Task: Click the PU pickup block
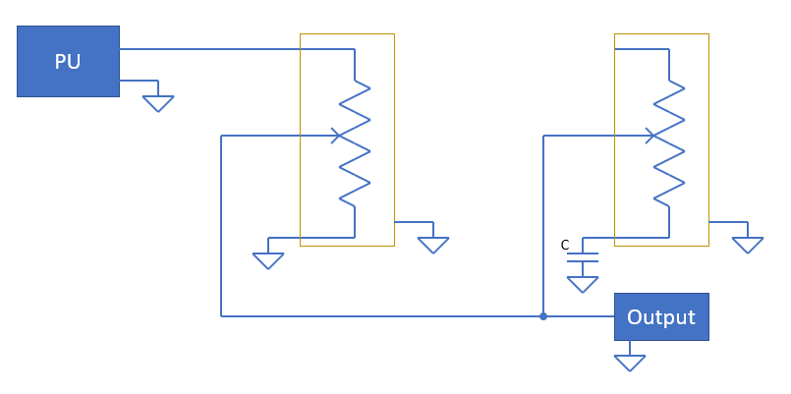click(68, 61)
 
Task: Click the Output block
click(661, 316)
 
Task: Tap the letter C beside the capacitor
click(565, 246)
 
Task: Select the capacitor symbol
click(583, 257)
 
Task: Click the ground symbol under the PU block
click(158, 103)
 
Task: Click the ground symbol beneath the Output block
click(630, 364)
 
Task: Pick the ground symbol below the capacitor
click(583, 285)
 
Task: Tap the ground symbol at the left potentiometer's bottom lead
click(268, 260)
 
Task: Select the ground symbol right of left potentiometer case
click(433, 246)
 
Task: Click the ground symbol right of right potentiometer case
click(748, 246)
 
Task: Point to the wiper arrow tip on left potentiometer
click(340, 136)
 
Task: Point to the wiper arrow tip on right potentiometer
click(653, 136)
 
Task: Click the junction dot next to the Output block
click(543, 316)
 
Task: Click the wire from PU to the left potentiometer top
click(237, 49)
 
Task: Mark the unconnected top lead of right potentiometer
click(642, 49)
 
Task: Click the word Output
click(661, 317)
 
